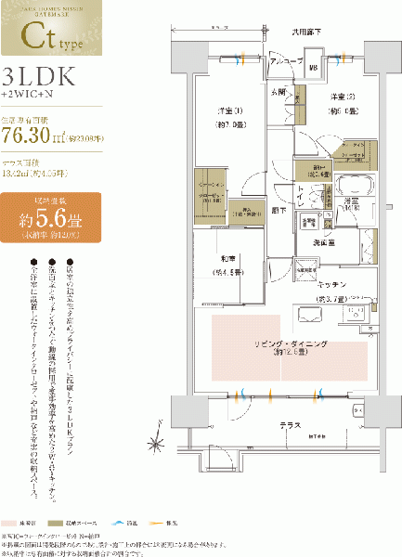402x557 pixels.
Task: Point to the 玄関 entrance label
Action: (279, 92)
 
